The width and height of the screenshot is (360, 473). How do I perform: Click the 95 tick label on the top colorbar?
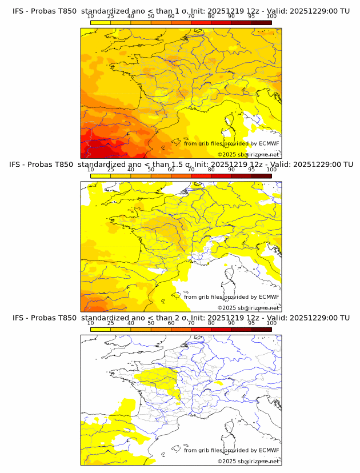tap(251, 16)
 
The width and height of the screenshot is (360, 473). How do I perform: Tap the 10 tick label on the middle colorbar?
tap(91, 169)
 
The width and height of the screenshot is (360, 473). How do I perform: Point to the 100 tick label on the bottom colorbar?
tap(271, 323)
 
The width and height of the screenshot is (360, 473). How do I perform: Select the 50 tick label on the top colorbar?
tap(151, 16)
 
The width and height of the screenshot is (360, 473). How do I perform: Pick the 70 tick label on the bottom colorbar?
tap(191, 323)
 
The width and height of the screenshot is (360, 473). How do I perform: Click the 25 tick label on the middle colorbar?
tap(111, 169)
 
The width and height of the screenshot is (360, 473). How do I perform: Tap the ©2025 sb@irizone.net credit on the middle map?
tap(249, 308)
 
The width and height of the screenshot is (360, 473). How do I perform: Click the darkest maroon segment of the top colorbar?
tap(261, 22)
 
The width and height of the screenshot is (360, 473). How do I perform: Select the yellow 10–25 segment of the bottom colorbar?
tap(101, 329)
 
